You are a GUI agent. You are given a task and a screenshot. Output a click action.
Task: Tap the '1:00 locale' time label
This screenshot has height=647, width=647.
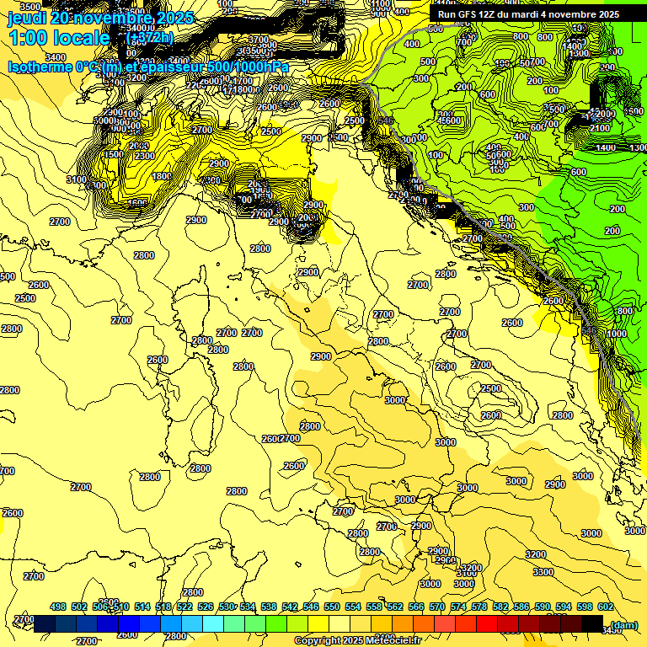click(59, 38)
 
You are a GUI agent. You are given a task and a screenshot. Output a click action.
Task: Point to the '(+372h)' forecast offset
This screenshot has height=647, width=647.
click(150, 38)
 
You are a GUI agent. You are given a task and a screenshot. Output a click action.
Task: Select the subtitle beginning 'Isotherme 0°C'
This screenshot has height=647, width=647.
click(148, 67)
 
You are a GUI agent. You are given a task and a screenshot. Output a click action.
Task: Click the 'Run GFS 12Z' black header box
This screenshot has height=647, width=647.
click(528, 14)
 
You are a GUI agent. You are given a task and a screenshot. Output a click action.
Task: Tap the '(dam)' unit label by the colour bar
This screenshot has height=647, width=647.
click(623, 624)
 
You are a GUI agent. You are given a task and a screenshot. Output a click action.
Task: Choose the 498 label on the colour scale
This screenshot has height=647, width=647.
click(58, 607)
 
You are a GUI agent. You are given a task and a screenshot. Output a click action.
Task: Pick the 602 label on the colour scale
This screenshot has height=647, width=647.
click(606, 607)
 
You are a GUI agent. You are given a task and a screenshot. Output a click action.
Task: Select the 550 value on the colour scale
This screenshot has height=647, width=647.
click(332, 607)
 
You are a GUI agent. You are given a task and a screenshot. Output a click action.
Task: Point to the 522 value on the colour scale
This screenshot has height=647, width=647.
click(184, 607)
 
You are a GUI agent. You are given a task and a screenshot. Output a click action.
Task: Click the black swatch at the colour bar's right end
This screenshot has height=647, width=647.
click(592, 623)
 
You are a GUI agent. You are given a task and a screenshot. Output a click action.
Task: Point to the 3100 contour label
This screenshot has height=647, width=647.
click(75, 179)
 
